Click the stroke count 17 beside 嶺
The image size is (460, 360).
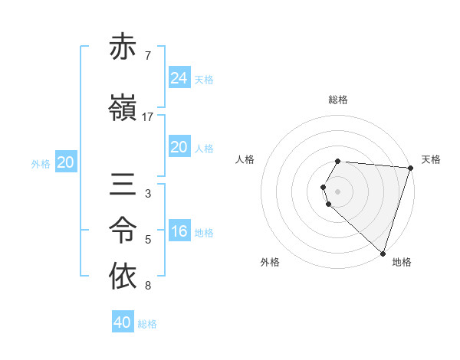(x=148, y=117)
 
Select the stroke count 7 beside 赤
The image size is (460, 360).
(x=147, y=57)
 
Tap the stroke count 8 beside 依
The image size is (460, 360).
(x=147, y=286)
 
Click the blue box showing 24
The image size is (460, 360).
(x=179, y=77)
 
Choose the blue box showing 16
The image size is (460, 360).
(x=179, y=231)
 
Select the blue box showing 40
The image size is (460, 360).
(x=123, y=322)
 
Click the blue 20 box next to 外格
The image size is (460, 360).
(x=66, y=162)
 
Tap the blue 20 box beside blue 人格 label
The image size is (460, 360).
(x=179, y=147)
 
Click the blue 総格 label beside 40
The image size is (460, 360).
(x=147, y=324)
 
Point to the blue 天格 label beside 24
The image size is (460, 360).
(x=204, y=79)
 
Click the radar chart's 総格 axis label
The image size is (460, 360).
(x=338, y=100)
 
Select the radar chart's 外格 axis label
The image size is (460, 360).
(x=270, y=262)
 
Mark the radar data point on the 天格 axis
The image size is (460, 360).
(x=410, y=167)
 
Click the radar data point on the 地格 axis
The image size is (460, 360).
(x=383, y=253)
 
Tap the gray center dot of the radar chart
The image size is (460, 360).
(x=338, y=191)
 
